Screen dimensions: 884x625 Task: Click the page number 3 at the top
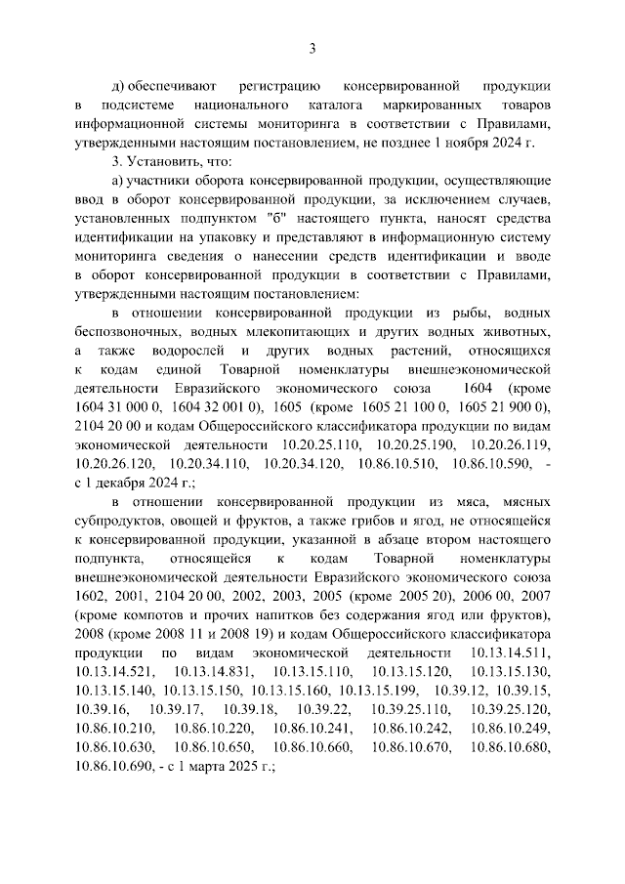point(312,48)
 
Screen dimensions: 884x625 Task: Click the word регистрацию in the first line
point(277,85)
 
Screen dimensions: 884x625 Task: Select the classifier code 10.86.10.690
point(112,766)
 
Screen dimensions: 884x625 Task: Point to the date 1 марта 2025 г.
point(229,766)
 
